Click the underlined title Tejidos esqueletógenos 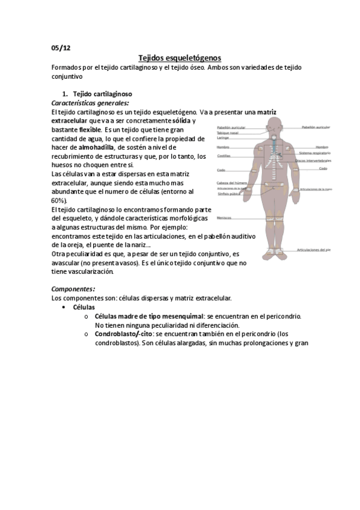[180, 58]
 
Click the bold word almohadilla [98, 147]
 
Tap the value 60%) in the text [59, 200]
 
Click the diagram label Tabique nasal [228, 132]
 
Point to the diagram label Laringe [223, 138]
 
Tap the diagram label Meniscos [225, 218]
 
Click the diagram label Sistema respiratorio [314, 154]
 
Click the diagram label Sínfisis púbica [228, 195]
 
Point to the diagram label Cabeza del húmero [231, 183]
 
